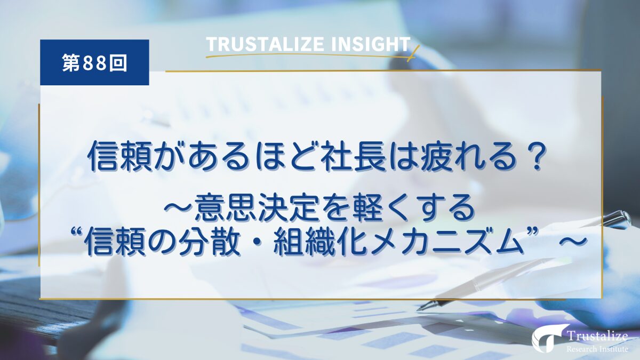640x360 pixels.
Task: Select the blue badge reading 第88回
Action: [x=94, y=63]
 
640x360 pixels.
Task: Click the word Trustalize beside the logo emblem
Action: [x=596, y=335]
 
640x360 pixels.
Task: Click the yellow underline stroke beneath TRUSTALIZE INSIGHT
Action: [x=309, y=54]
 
